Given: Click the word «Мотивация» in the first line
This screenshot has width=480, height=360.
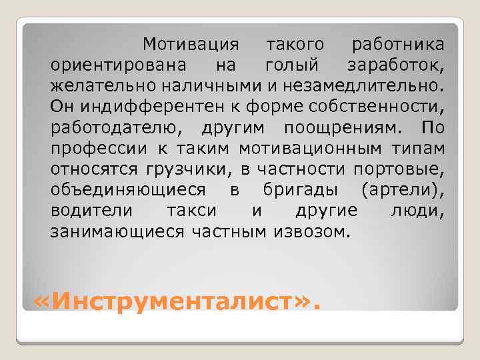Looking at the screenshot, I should pos(189,45).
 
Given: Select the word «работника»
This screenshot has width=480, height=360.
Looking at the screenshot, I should pos(398,45).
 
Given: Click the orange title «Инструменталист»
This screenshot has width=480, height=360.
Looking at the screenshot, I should pos(177,303).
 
